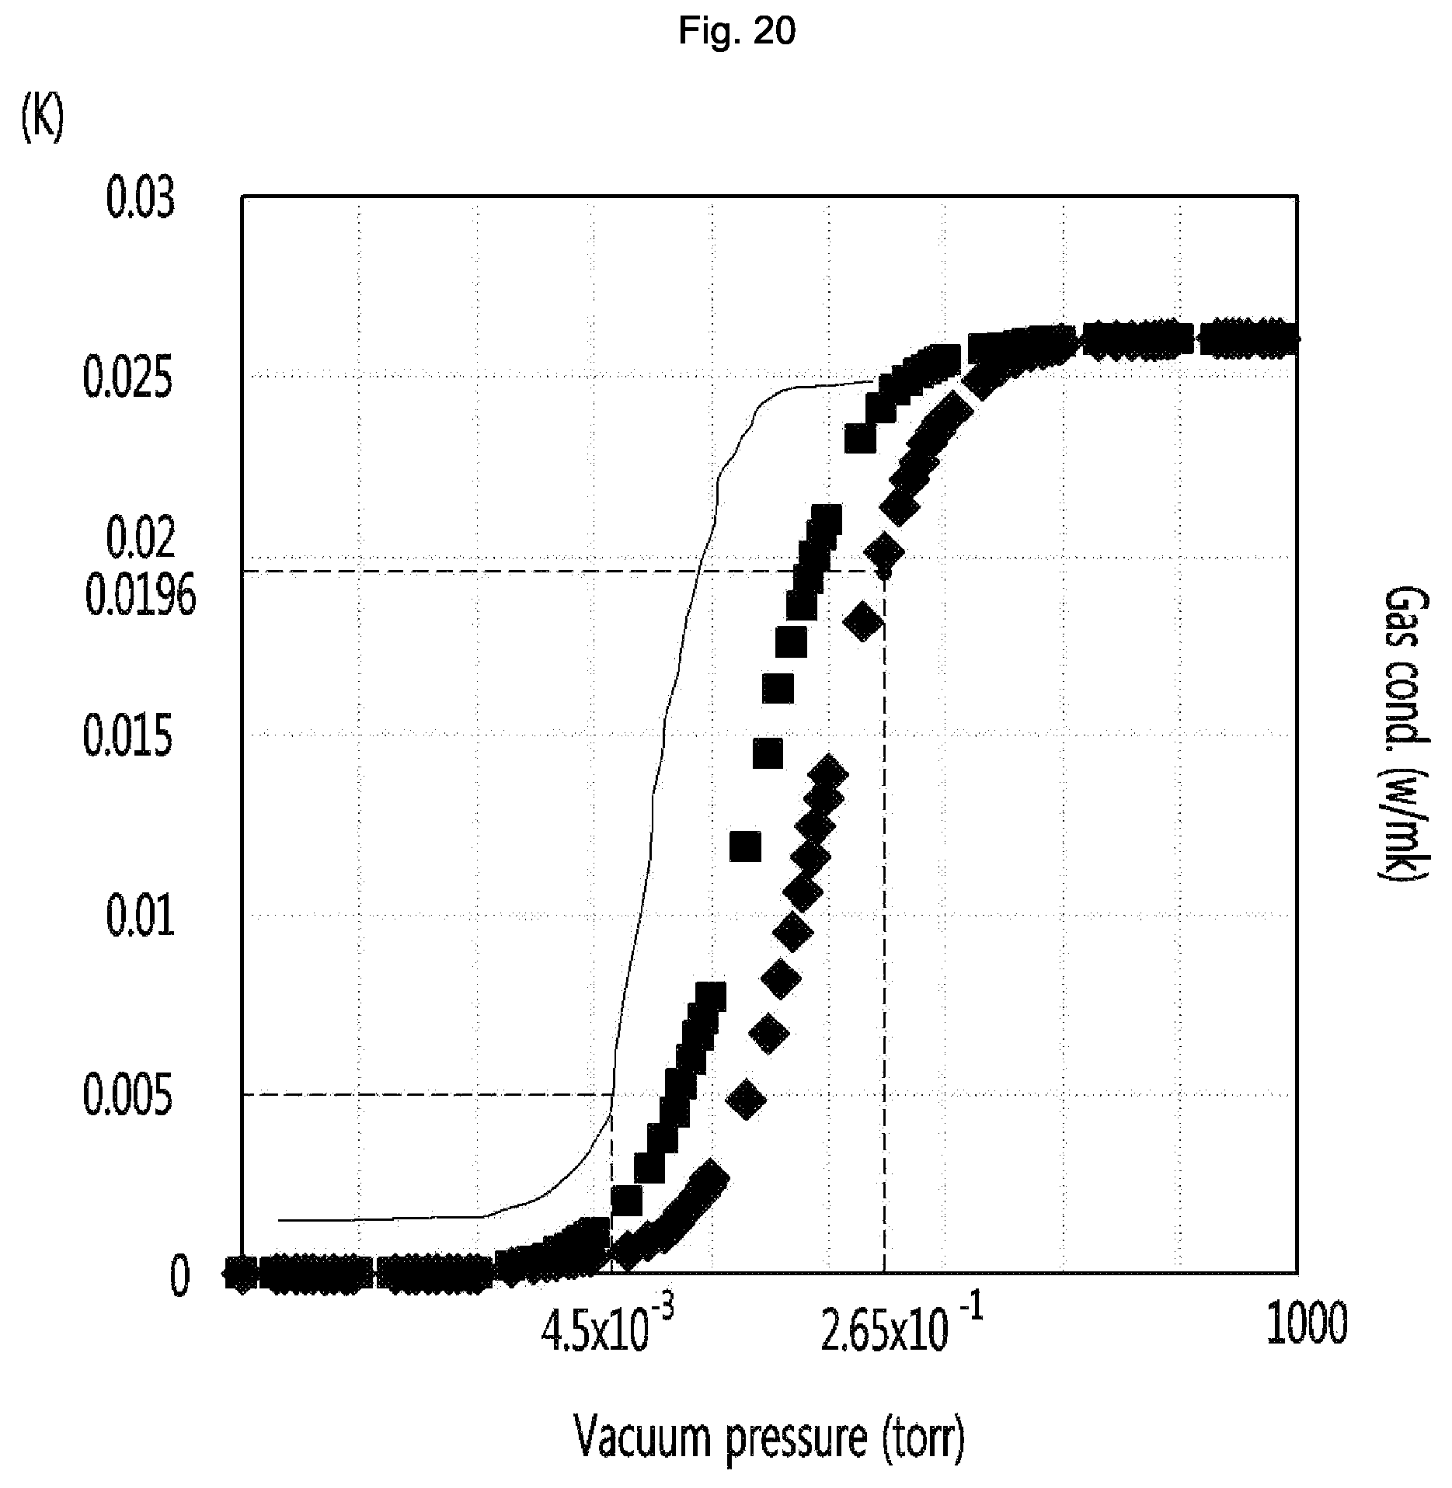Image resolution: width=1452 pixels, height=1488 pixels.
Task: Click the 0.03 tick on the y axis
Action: (x=141, y=200)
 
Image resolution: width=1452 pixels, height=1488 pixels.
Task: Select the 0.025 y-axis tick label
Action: (x=127, y=381)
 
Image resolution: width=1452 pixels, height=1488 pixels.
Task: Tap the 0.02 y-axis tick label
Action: (x=141, y=540)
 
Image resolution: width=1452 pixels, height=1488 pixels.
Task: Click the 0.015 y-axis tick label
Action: (x=127, y=738)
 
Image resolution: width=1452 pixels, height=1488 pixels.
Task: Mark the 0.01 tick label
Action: (x=141, y=917)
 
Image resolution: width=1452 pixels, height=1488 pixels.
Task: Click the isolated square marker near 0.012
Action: (x=745, y=846)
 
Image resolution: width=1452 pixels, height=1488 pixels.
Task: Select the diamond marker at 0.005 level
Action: (x=745, y=1099)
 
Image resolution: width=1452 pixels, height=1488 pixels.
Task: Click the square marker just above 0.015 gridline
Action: (x=768, y=753)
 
